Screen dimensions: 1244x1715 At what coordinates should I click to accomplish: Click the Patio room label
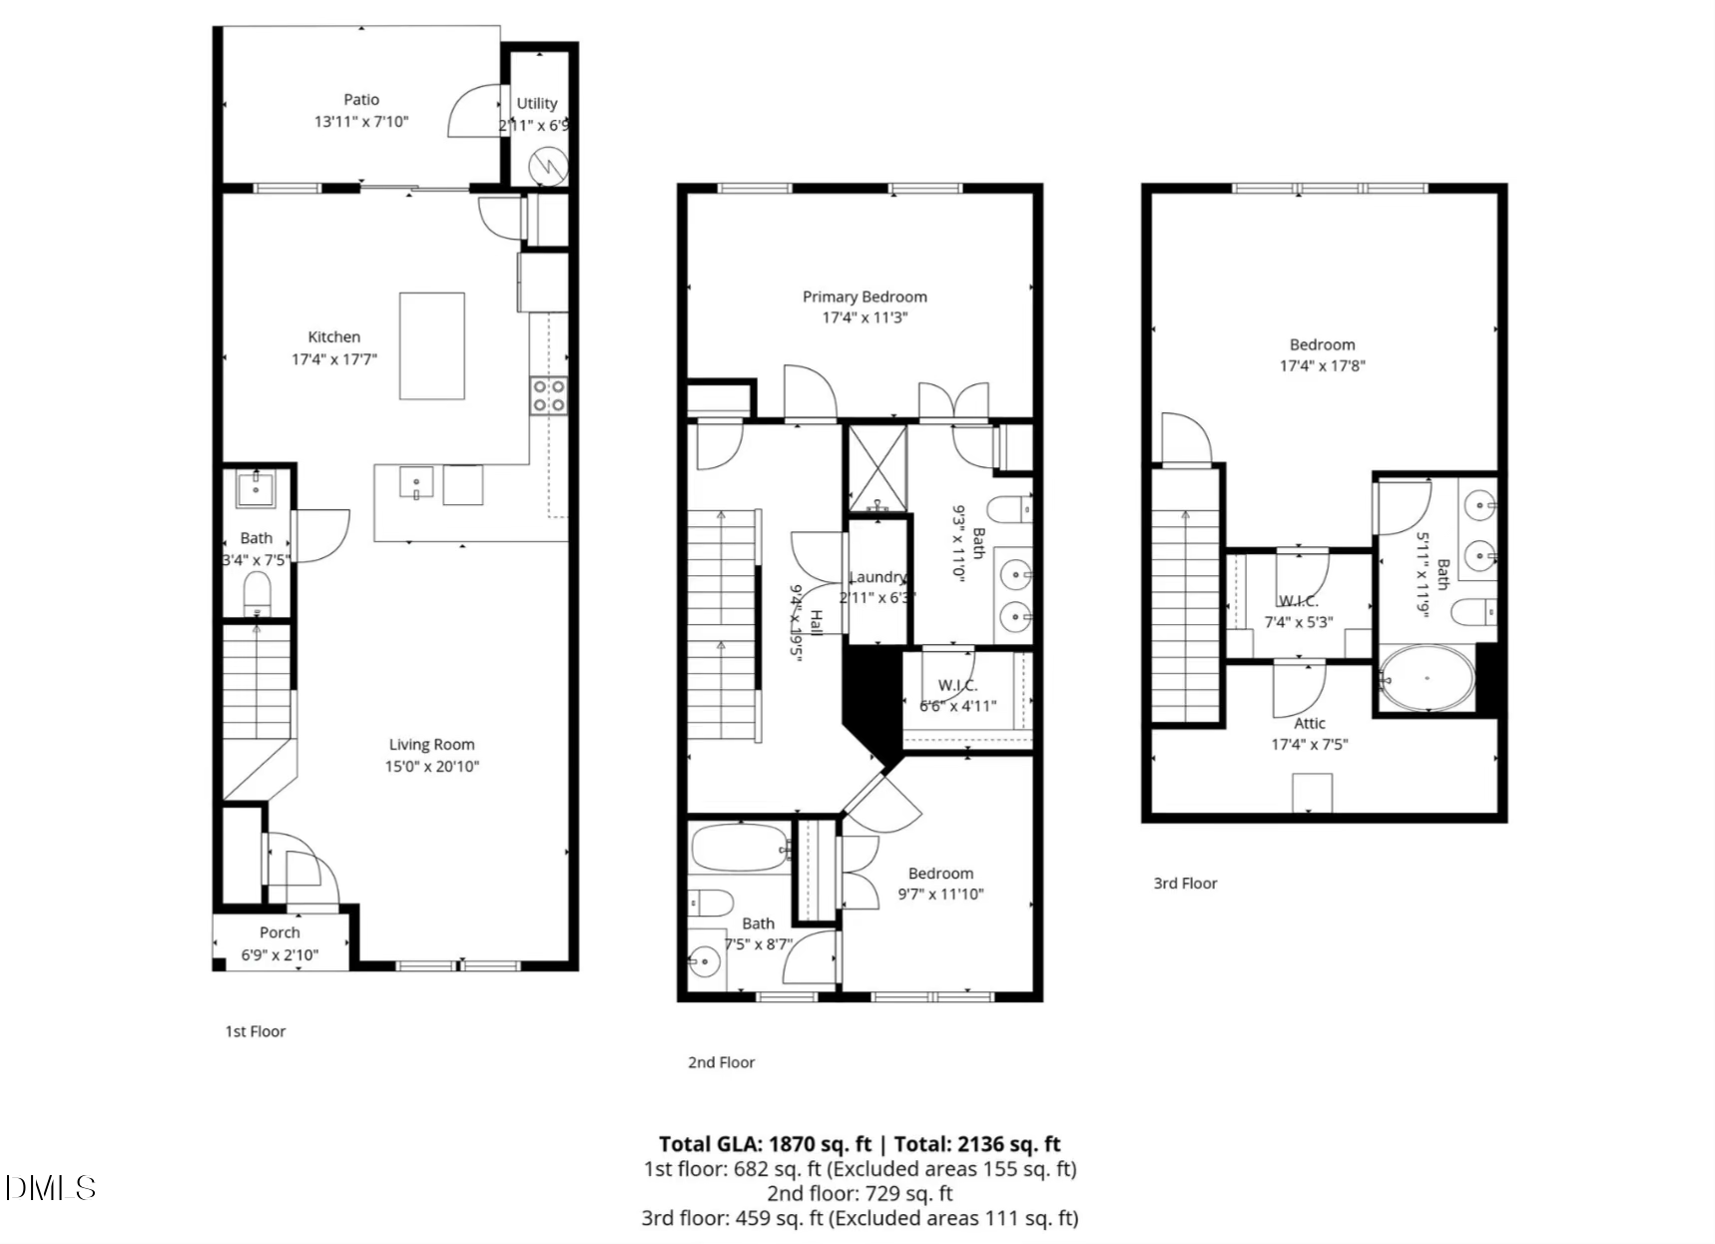[361, 100]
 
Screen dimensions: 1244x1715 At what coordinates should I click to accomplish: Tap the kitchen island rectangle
[431, 345]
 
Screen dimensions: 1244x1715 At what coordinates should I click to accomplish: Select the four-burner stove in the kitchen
[548, 394]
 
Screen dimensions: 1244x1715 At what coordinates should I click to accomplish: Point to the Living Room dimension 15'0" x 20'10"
[431, 767]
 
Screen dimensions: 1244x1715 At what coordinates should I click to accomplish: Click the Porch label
[280, 933]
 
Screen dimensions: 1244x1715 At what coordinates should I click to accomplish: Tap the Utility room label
[536, 104]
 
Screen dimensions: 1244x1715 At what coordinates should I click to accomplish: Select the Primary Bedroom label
[864, 297]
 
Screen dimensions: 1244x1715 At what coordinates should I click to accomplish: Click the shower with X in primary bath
[876, 467]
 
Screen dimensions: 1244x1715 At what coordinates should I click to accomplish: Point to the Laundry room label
[876, 577]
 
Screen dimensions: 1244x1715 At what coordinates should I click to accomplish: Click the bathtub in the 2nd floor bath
[739, 848]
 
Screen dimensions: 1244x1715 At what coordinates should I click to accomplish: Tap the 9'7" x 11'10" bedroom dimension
[940, 895]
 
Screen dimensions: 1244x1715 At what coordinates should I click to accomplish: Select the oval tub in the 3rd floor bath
[1427, 678]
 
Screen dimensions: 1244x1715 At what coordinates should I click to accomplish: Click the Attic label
[1310, 724]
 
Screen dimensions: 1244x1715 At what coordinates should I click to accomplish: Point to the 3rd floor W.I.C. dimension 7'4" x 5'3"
[1298, 622]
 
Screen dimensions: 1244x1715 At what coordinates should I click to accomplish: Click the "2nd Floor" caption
[721, 1062]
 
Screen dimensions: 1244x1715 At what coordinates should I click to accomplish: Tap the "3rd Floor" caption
[1185, 884]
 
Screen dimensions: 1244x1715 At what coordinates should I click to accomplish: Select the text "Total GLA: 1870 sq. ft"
[765, 1144]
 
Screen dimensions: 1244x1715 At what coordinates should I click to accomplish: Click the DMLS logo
[50, 1188]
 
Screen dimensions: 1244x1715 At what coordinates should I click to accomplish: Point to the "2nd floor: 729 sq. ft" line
[859, 1193]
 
